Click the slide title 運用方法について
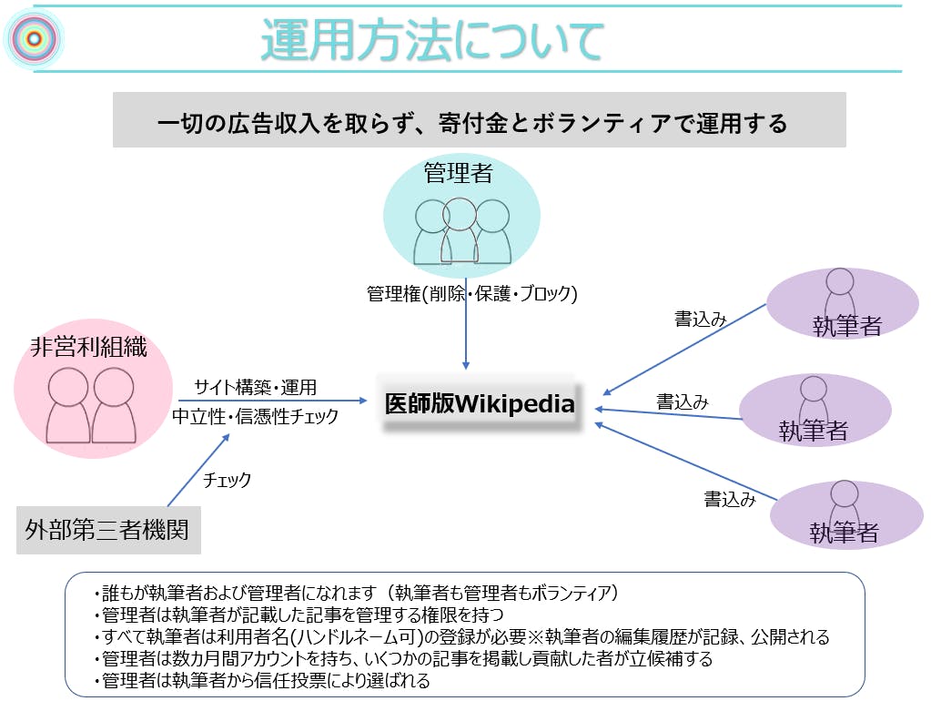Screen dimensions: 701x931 pos(432,41)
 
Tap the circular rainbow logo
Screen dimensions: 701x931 pos(33,38)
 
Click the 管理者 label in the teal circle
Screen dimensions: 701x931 pos(458,173)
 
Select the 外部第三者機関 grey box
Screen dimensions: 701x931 pos(108,528)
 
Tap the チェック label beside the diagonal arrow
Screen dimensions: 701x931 pos(227,480)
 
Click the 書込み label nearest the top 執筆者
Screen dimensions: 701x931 pos(700,319)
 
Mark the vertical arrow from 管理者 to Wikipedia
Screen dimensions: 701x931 pos(466,337)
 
